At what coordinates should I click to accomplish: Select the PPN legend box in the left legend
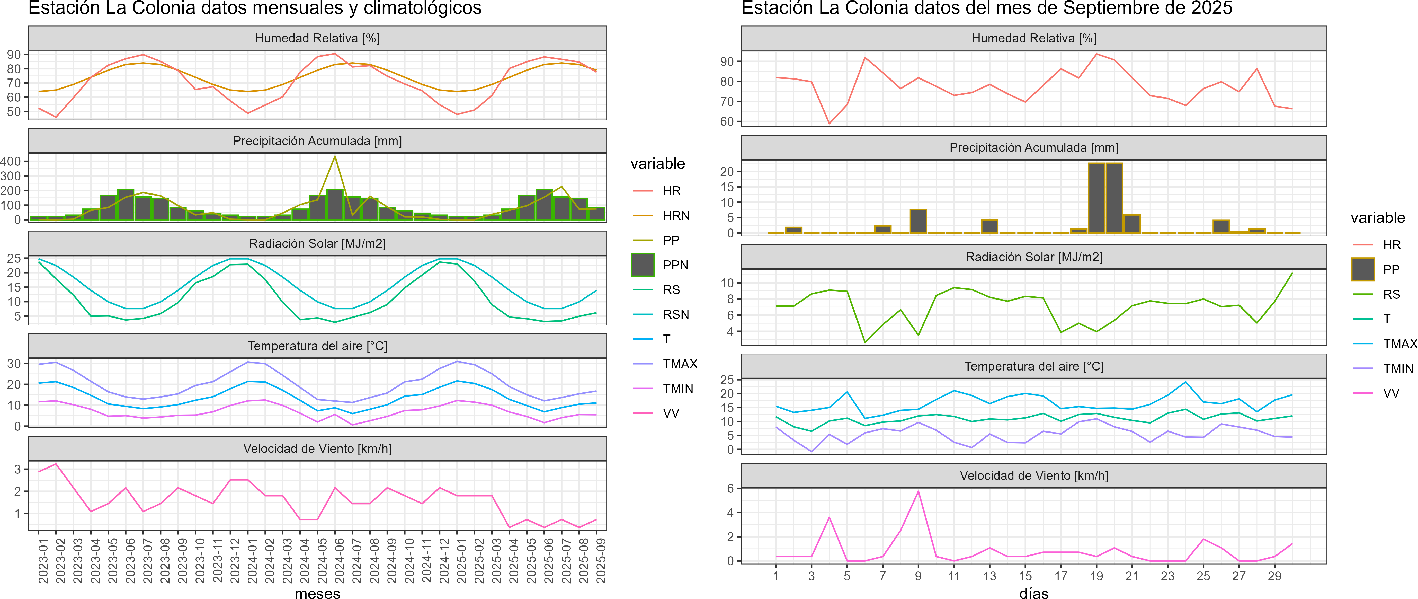pyautogui.click(x=643, y=265)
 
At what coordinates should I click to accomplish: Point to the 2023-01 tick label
pyautogui.click(x=43, y=560)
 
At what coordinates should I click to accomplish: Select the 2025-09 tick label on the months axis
pyautogui.click(x=601, y=560)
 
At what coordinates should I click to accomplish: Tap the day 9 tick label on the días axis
pyautogui.click(x=918, y=576)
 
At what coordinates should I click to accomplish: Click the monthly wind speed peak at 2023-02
pyautogui.click(x=56, y=464)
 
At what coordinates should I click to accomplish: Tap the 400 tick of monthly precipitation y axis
pyautogui.click(x=11, y=161)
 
